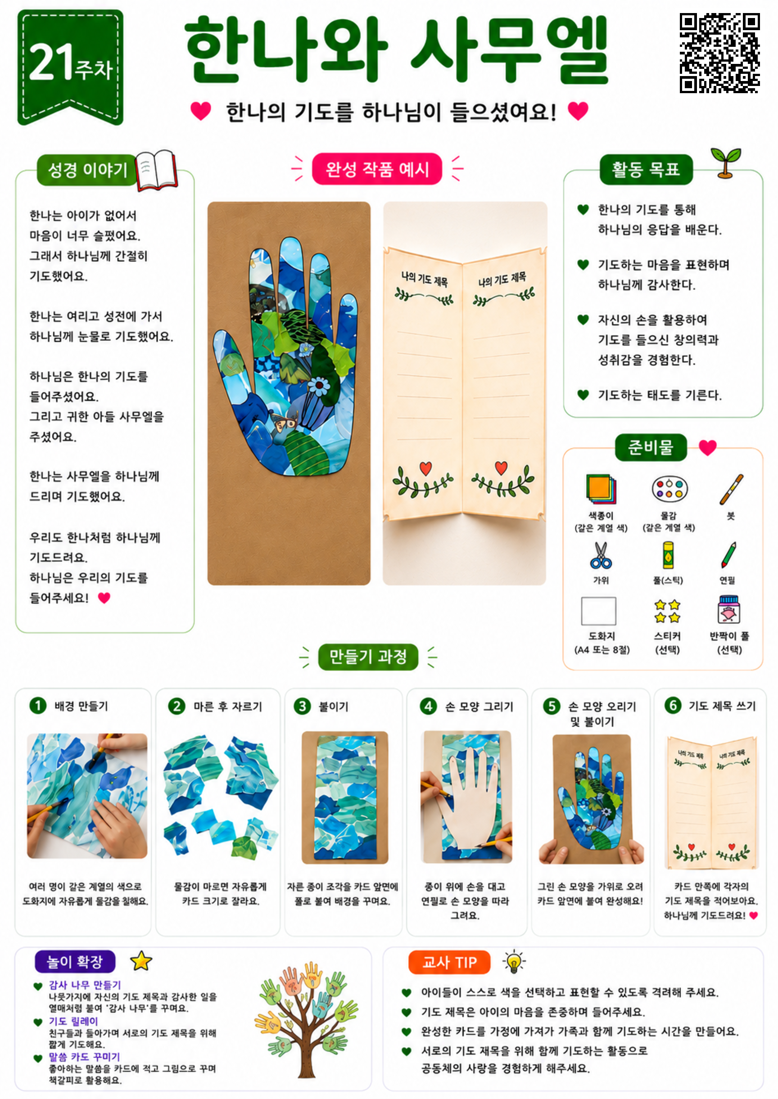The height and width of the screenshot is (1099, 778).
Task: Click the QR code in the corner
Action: (719, 53)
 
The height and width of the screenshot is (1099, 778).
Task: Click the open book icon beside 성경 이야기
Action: (156, 170)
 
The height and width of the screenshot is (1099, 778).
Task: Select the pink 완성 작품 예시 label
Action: (376, 169)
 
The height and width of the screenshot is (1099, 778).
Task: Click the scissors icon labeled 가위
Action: (601, 555)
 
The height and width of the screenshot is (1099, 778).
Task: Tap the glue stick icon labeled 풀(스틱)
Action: (668, 556)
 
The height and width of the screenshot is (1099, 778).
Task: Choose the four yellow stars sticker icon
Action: (667, 611)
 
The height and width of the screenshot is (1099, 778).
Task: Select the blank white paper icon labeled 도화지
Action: (598, 611)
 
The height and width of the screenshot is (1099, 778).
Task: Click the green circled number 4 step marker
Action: (428, 706)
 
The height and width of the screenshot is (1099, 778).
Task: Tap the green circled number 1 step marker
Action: (38, 705)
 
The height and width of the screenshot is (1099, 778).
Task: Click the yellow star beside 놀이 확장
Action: (141, 960)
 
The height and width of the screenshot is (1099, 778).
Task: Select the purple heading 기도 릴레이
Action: (73, 1022)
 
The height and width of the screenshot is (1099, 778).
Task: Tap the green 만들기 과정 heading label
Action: (368, 657)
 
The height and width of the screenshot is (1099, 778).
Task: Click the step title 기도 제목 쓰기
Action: (722, 706)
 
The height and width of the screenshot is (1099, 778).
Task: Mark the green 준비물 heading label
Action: (651, 447)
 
